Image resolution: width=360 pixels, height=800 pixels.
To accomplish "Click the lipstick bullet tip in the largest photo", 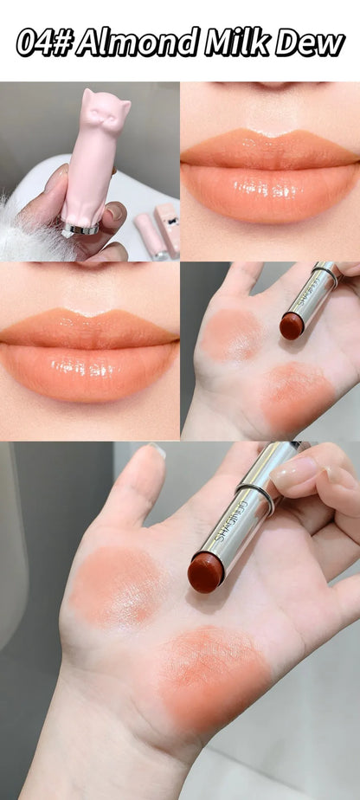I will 205,574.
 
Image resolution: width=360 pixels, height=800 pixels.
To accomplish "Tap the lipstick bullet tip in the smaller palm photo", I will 291,326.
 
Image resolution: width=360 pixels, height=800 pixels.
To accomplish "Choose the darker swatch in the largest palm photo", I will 215,672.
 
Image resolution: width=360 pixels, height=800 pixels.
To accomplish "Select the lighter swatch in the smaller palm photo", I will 232,333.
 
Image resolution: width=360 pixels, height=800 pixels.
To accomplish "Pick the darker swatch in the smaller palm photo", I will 297,397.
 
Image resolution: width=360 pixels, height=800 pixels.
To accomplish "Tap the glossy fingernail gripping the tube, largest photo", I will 295,473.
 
